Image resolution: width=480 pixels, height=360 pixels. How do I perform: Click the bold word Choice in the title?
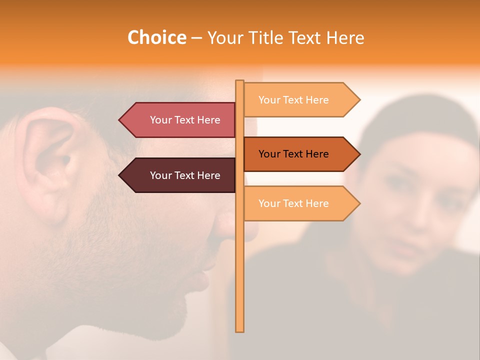[156, 38]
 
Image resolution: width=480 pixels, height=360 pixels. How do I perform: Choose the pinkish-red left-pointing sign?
[180, 120]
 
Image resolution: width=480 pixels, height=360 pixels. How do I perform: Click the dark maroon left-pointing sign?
[180, 175]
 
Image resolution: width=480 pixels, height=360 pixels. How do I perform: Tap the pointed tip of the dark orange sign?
[359, 154]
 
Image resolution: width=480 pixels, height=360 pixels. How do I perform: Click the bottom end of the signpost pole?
[240, 330]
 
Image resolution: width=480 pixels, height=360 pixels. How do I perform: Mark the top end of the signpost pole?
[240, 81]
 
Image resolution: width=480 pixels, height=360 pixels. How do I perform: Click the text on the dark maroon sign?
[185, 175]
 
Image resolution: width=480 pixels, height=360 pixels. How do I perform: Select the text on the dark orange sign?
[293, 154]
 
